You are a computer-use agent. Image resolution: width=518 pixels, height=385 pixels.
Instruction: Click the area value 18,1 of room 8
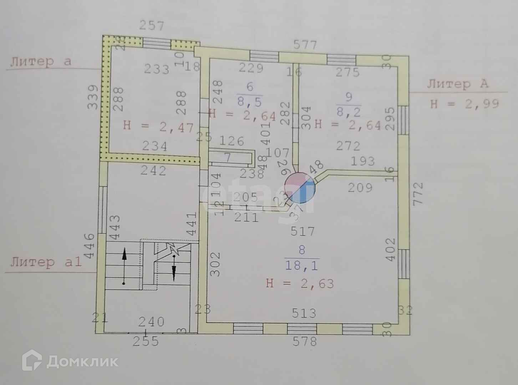(302, 266)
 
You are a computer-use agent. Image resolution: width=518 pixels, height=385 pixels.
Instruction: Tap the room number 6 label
(249, 87)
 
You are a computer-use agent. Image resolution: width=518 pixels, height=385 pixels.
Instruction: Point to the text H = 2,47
(158, 127)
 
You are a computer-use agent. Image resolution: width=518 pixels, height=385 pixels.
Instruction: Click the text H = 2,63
(300, 284)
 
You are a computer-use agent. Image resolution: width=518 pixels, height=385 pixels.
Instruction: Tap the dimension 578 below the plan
(304, 342)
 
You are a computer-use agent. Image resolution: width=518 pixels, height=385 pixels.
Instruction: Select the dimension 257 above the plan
(152, 26)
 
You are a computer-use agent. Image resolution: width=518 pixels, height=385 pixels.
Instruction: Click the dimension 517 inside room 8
(302, 232)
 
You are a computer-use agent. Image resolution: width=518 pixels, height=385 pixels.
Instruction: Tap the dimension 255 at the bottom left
(146, 341)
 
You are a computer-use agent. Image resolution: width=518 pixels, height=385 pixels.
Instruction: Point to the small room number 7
(228, 157)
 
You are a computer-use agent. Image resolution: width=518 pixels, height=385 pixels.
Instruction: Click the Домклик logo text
(82, 362)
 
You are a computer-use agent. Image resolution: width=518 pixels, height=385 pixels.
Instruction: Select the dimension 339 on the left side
(92, 97)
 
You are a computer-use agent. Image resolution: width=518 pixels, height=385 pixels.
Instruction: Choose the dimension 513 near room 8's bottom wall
(304, 313)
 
